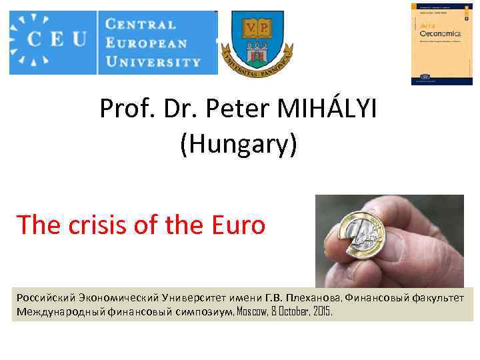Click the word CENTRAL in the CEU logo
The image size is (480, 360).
141,25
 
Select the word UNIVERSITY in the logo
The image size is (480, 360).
153,62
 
